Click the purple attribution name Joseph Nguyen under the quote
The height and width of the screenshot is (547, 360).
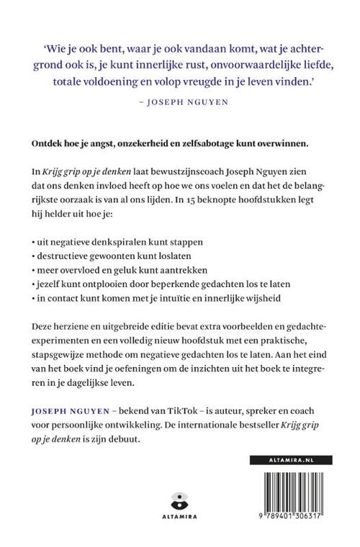coord(181,102)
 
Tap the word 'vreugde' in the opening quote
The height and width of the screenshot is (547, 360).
coord(234,83)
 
